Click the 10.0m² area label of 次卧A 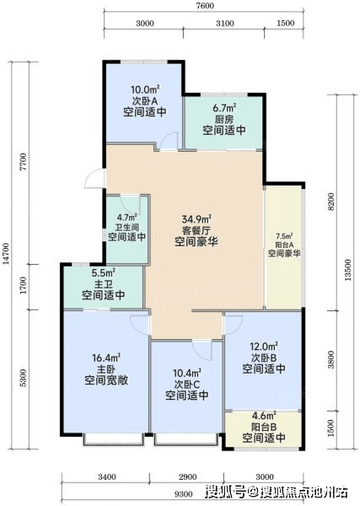145,89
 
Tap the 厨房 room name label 224,120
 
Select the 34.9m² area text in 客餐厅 196,219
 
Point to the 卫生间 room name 126,227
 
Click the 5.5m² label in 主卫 103,273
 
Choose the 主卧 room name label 106,369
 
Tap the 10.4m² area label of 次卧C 187,374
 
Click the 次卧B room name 264,358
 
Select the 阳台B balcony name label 264,427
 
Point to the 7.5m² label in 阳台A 284,236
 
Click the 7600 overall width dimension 205,6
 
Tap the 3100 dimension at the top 225,24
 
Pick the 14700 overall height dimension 6,254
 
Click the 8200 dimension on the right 331,202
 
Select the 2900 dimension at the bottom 188,476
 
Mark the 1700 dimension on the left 24,285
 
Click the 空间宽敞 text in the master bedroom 106,380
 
